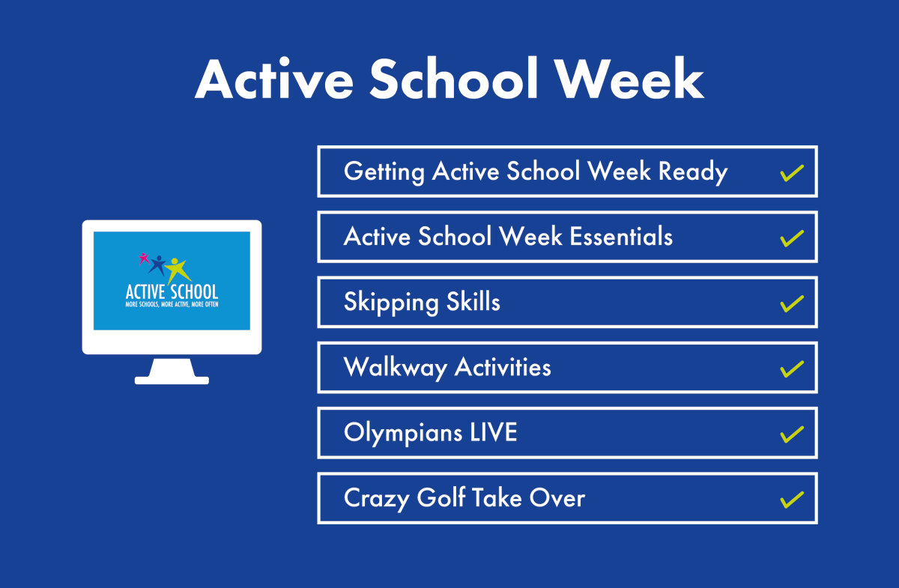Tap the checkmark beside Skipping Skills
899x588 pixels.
pyautogui.click(x=792, y=303)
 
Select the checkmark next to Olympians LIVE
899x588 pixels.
pyautogui.click(x=792, y=434)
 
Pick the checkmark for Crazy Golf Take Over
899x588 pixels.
pyautogui.click(x=792, y=499)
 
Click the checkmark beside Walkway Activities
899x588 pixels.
pyautogui.click(x=792, y=369)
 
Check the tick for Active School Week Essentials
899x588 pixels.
pyautogui.click(x=792, y=238)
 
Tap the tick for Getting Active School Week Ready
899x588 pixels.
pyautogui.click(x=792, y=173)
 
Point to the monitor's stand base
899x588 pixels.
pyautogui.click(x=172, y=379)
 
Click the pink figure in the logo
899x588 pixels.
pyautogui.click(x=144, y=258)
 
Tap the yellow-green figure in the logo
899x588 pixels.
pyautogui.click(x=178, y=269)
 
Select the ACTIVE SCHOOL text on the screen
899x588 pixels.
pyautogui.click(x=172, y=291)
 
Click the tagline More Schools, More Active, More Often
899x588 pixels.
pyautogui.click(x=172, y=305)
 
